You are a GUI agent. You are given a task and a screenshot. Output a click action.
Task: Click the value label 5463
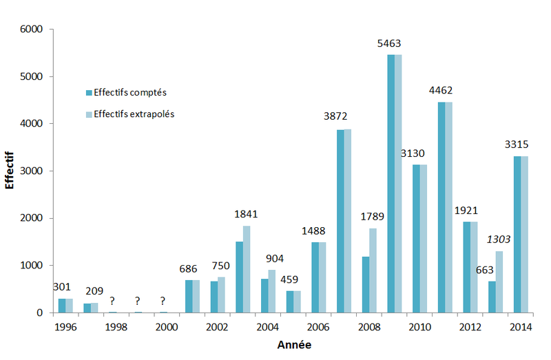[388, 43]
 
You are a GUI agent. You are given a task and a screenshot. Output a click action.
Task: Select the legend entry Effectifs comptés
[130, 92]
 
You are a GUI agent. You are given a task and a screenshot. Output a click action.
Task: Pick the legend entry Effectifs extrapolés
[134, 114]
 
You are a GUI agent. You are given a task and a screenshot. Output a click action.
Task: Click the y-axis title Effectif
[10, 171]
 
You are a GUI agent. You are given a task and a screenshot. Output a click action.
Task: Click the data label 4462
[440, 90]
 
